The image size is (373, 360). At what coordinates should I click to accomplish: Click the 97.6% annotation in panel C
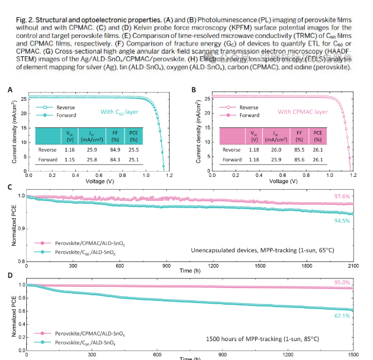click(342, 196)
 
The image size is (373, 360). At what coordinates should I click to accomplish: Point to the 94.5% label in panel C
click(342, 220)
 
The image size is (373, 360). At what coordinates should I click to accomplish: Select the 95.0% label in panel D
click(342, 282)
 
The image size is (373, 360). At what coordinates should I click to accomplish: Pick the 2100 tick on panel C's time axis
click(353, 266)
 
